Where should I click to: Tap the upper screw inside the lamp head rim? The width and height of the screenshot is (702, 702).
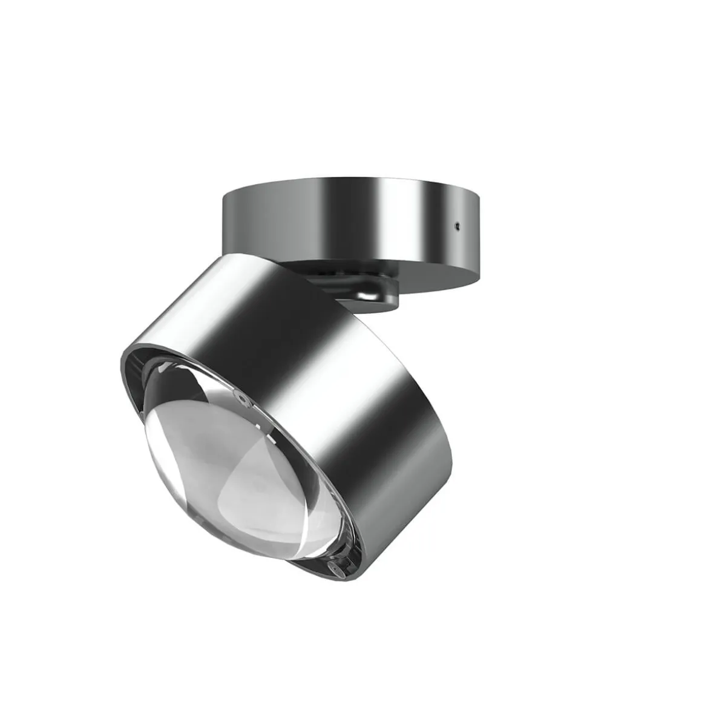point(242,400)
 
